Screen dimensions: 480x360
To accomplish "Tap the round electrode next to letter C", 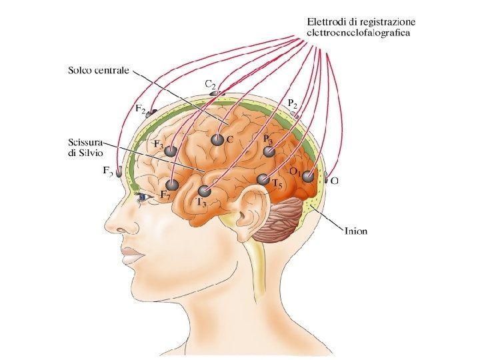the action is tap(217, 140).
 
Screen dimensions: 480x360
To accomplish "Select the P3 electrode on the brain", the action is tap(269, 152).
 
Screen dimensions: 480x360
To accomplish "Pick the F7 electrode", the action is tap(173, 185).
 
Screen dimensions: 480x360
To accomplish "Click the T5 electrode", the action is tap(263, 179).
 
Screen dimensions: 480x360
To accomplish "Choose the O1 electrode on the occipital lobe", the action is tap(307, 177).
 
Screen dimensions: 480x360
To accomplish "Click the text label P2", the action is tap(293, 103).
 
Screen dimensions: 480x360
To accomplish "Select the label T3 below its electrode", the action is tap(201, 202).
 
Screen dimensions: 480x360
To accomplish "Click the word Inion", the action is tap(356, 232).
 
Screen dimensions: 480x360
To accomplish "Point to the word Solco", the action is tap(81, 69).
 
